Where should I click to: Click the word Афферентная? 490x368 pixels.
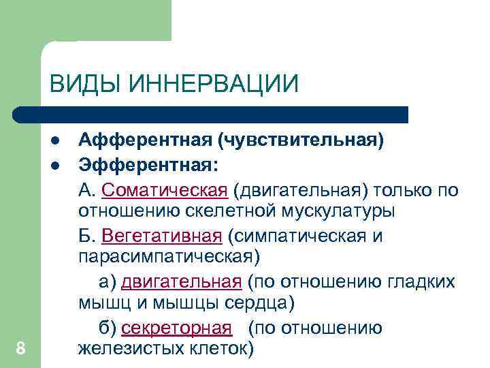pyautogui.click(x=144, y=141)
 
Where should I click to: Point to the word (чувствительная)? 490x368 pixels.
pyautogui.click(x=300, y=141)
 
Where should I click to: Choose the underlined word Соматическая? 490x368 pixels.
pyautogui.click(x=165, y=189)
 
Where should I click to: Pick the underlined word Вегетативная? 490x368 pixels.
pyautogui.click(x=161, y=236)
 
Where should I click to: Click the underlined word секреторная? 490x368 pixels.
pyautogui.click(x=176, y=328)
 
